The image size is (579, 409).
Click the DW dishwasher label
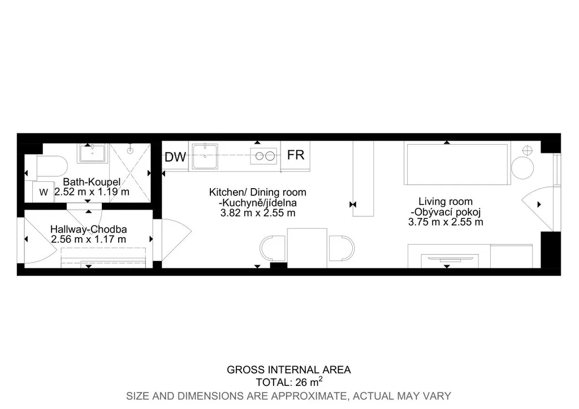(175, 157)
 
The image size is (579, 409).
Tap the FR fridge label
(296, 155)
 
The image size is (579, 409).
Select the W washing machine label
(44, 192)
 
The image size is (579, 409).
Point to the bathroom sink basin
(92, 154)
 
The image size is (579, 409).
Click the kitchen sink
(205, 156)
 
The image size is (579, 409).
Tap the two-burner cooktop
(263, 156)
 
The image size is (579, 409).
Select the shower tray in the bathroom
(130, 173)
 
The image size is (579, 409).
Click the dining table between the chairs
(307, 248)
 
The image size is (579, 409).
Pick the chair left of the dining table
(273, 248)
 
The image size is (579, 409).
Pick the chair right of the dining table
(342, 248)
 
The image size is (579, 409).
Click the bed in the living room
(457, 164)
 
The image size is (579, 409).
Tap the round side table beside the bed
(522, 168)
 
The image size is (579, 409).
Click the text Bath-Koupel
(92, 182)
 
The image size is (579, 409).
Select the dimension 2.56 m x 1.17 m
(89, 240)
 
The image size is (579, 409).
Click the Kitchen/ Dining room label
(258, 192)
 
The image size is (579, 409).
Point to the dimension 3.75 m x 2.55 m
(446, 222)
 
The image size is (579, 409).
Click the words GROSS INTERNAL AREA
(289, 370)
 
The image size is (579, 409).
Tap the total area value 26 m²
(309, 382)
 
